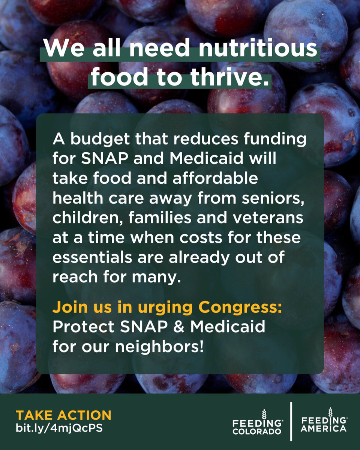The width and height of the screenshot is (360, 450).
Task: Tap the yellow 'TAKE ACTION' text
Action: pos(63,415)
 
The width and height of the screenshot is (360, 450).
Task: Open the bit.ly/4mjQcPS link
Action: pos(59,428)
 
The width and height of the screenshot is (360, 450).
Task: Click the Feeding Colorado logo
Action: pos(257,421)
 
